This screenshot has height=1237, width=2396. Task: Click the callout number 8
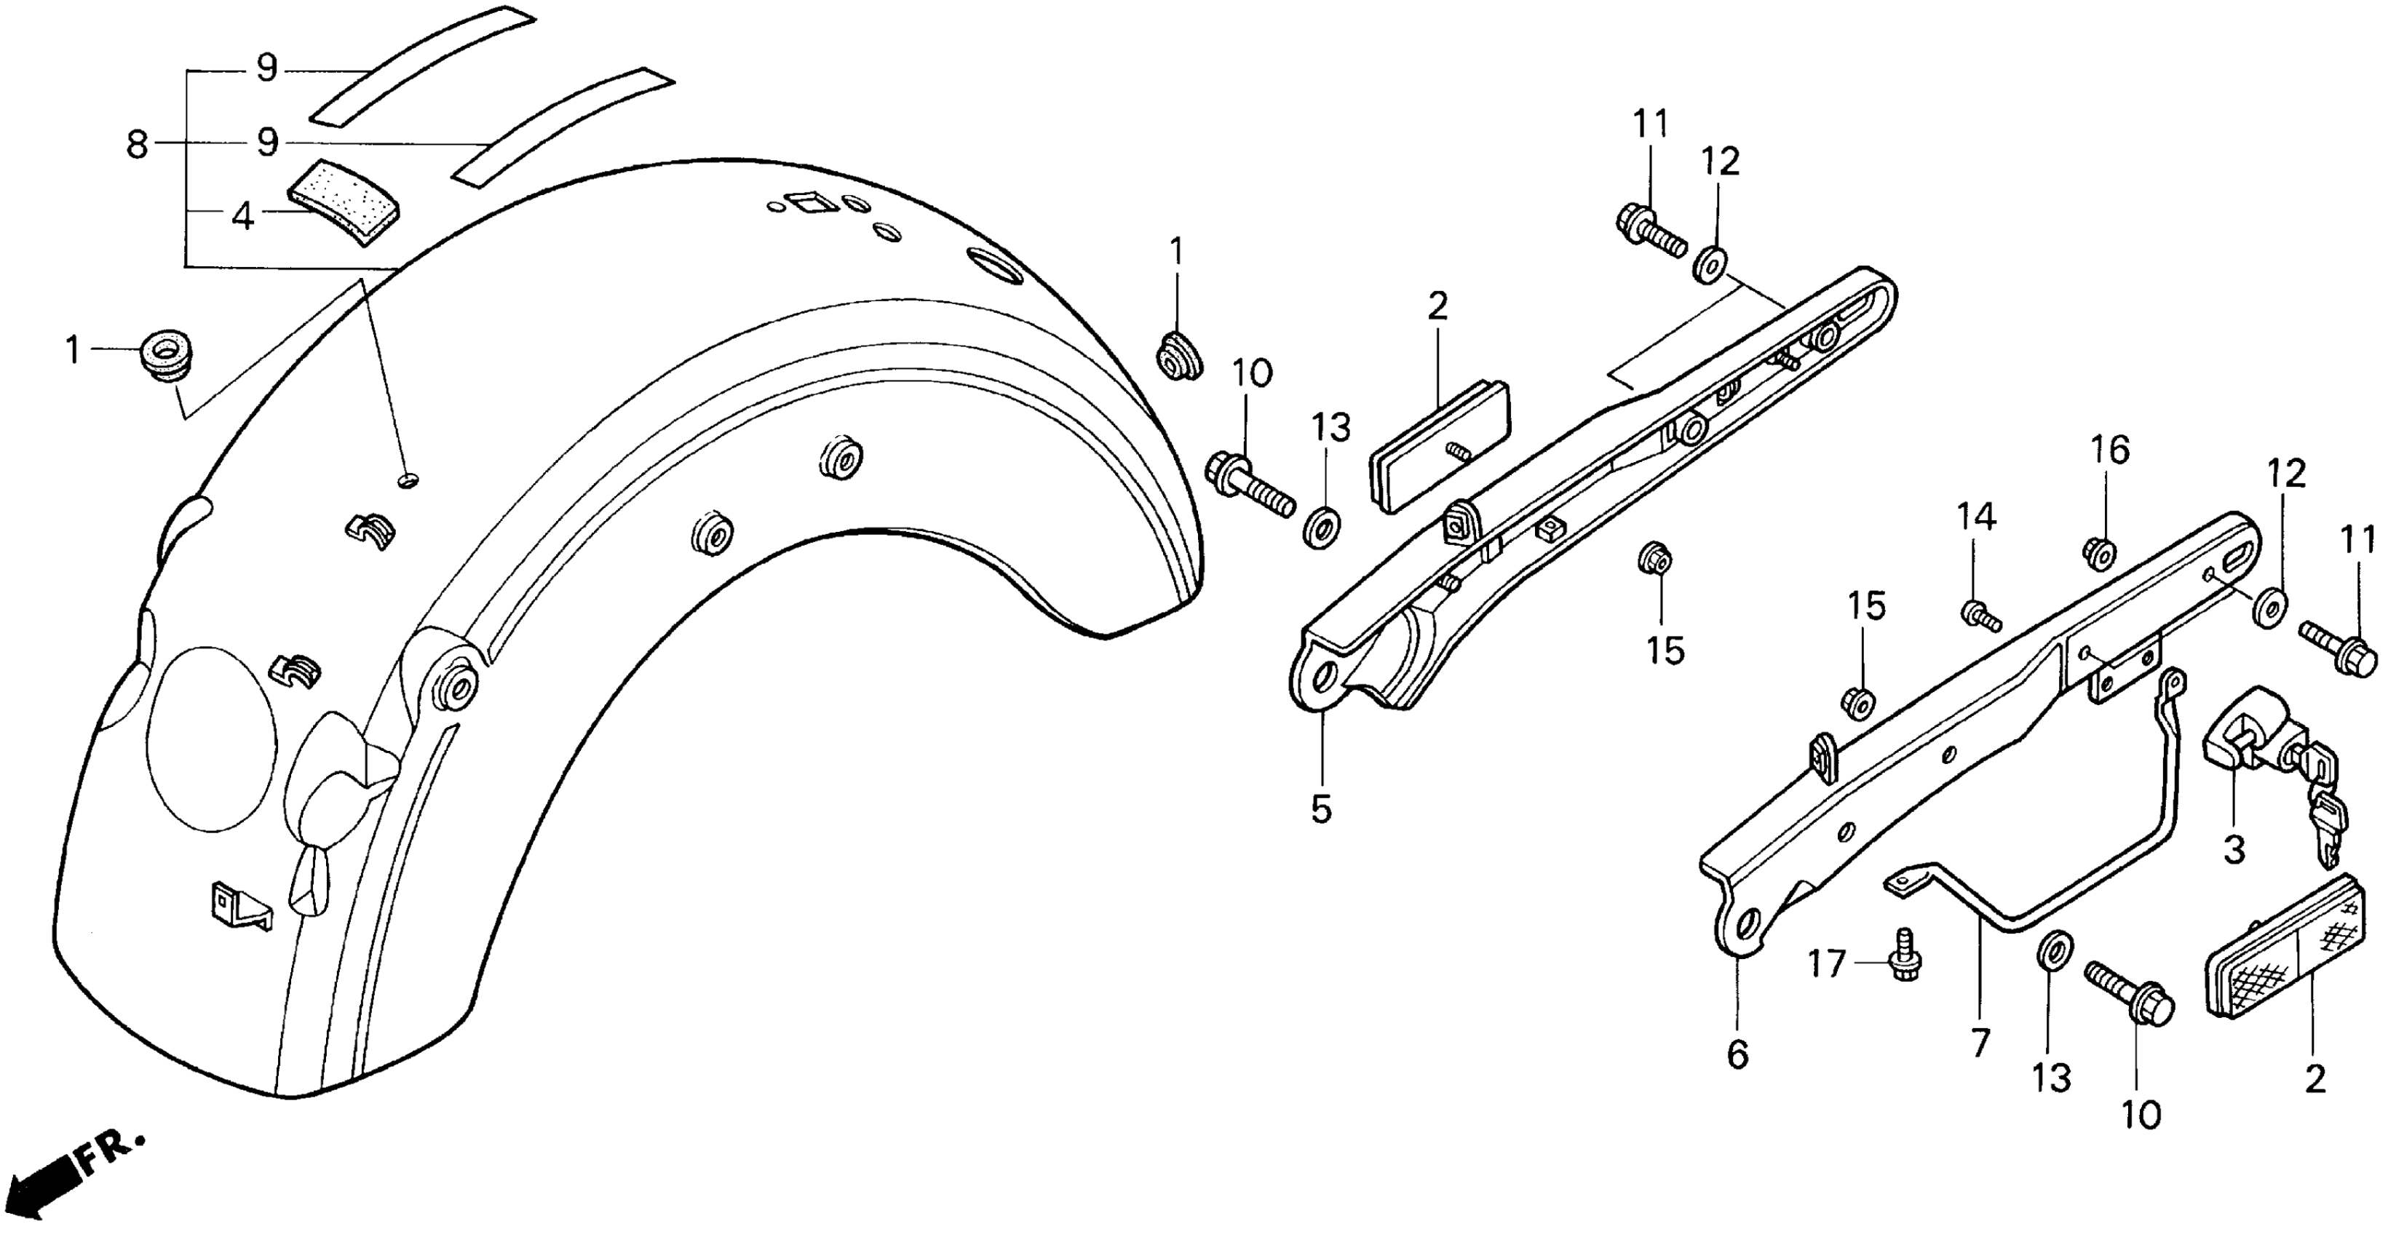(x=138, y=144)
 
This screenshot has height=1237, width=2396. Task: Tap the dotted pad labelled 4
(x=338, y=204)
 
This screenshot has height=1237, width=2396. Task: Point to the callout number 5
(x=1322, y=808)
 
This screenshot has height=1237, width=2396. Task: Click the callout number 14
(x=1978, y=517)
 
